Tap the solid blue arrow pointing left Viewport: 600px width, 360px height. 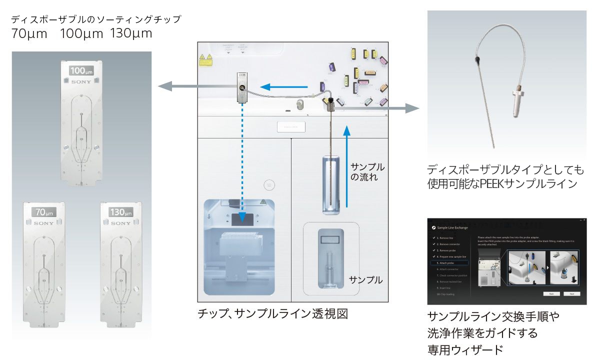coord(284,87)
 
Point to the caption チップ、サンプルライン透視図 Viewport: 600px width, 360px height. coord(272,313)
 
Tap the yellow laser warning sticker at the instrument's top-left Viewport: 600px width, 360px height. coord(205,60)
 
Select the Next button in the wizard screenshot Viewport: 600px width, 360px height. coord(571,293)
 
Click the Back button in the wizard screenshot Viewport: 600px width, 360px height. coord(551,293)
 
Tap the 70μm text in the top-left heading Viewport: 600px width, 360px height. coord(29,34)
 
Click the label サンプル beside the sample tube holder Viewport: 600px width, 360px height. coord(365,280)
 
